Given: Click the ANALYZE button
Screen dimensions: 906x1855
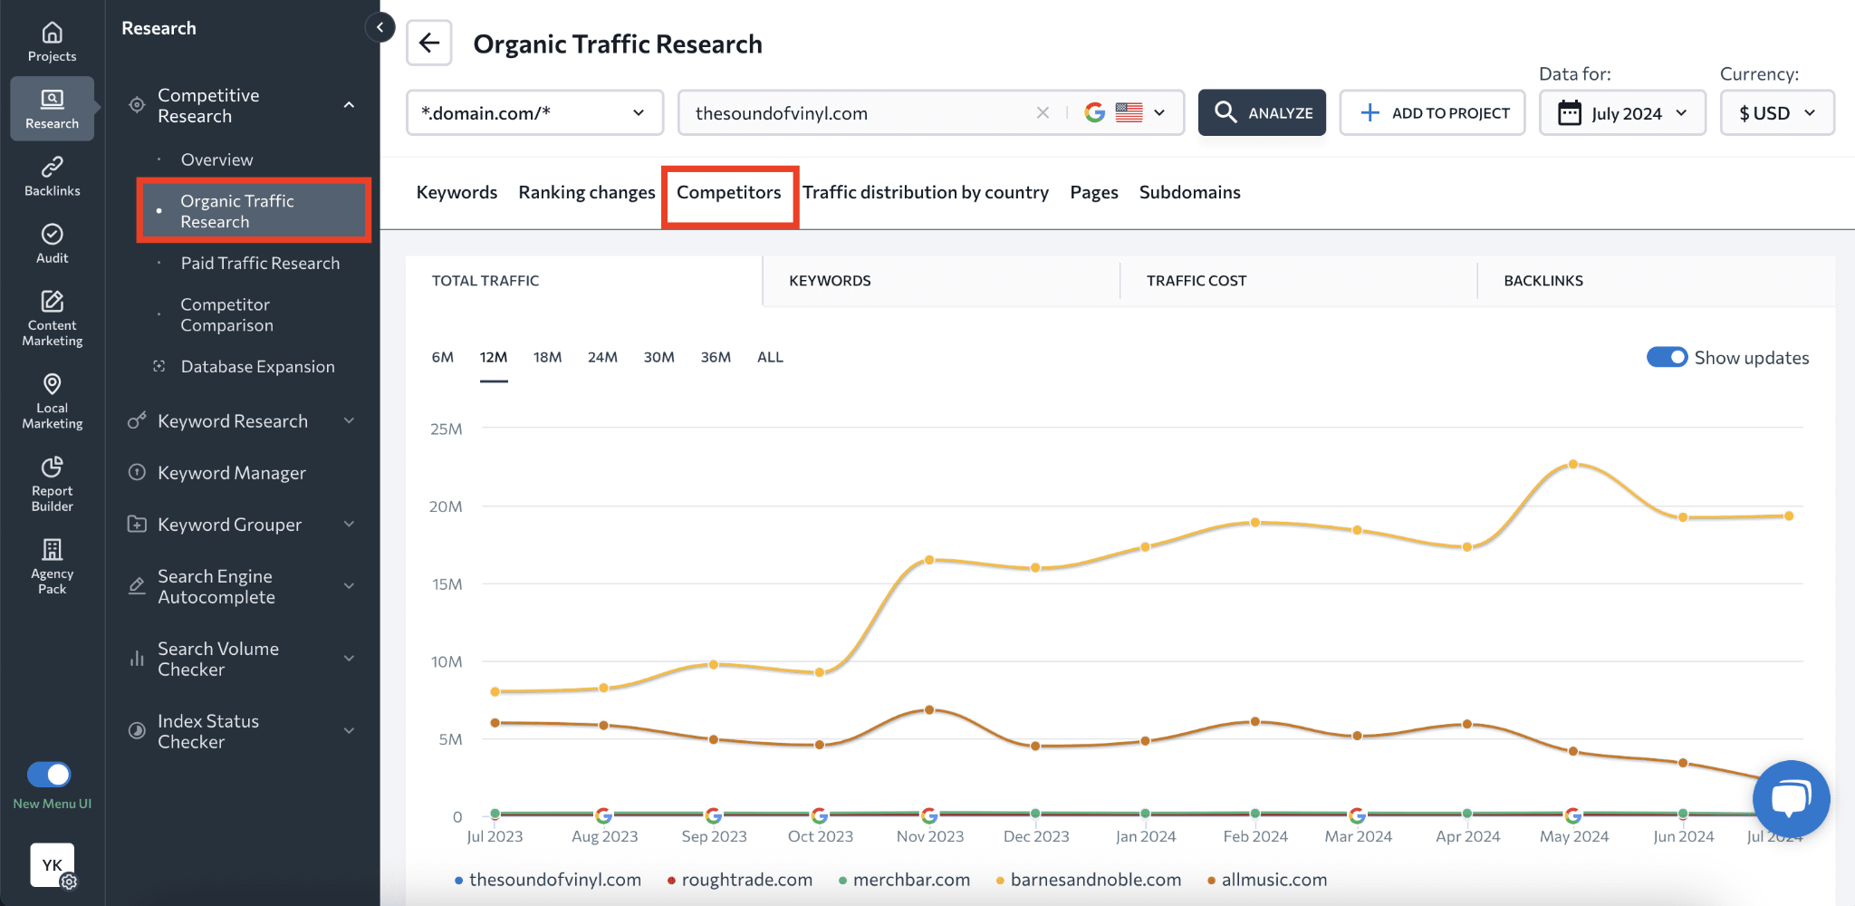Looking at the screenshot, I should [x=1262, y=112].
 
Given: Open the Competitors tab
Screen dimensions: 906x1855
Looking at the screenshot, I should [x=728, y=192].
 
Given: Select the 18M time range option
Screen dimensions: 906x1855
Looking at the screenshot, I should [x=547, y=357].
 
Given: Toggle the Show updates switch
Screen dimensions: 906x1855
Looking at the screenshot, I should [x=1667, y=357].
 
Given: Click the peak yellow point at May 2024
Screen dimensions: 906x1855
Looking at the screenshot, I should [x=1573, y=464].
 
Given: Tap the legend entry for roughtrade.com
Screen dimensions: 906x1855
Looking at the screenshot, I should [x=746, y=880].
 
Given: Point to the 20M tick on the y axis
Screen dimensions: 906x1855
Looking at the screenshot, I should [x=446, y=506].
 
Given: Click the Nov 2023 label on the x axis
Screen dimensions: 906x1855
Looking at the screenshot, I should [x=929, y=836].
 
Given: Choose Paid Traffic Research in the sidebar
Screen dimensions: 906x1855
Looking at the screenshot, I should [x=260, y=263].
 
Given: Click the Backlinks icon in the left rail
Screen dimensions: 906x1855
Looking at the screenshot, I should [x=53, y=176].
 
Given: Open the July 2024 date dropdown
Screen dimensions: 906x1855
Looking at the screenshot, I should [x=1622, y=113].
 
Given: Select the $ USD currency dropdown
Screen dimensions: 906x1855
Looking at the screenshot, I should [x=1776, y=113].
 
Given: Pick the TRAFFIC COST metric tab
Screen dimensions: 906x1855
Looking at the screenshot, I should [x=1196, y=281].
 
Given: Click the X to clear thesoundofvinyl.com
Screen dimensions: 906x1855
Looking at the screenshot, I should [x=1043, y=113].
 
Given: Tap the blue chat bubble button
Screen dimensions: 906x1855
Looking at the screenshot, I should [x=1791, y=798].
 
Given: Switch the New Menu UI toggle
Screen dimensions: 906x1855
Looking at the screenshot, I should [x=49, y=775].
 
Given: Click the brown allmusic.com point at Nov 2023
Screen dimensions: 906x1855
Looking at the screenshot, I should [x=929, y=709].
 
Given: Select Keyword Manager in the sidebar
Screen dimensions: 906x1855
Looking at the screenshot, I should [x=231, y=473].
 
